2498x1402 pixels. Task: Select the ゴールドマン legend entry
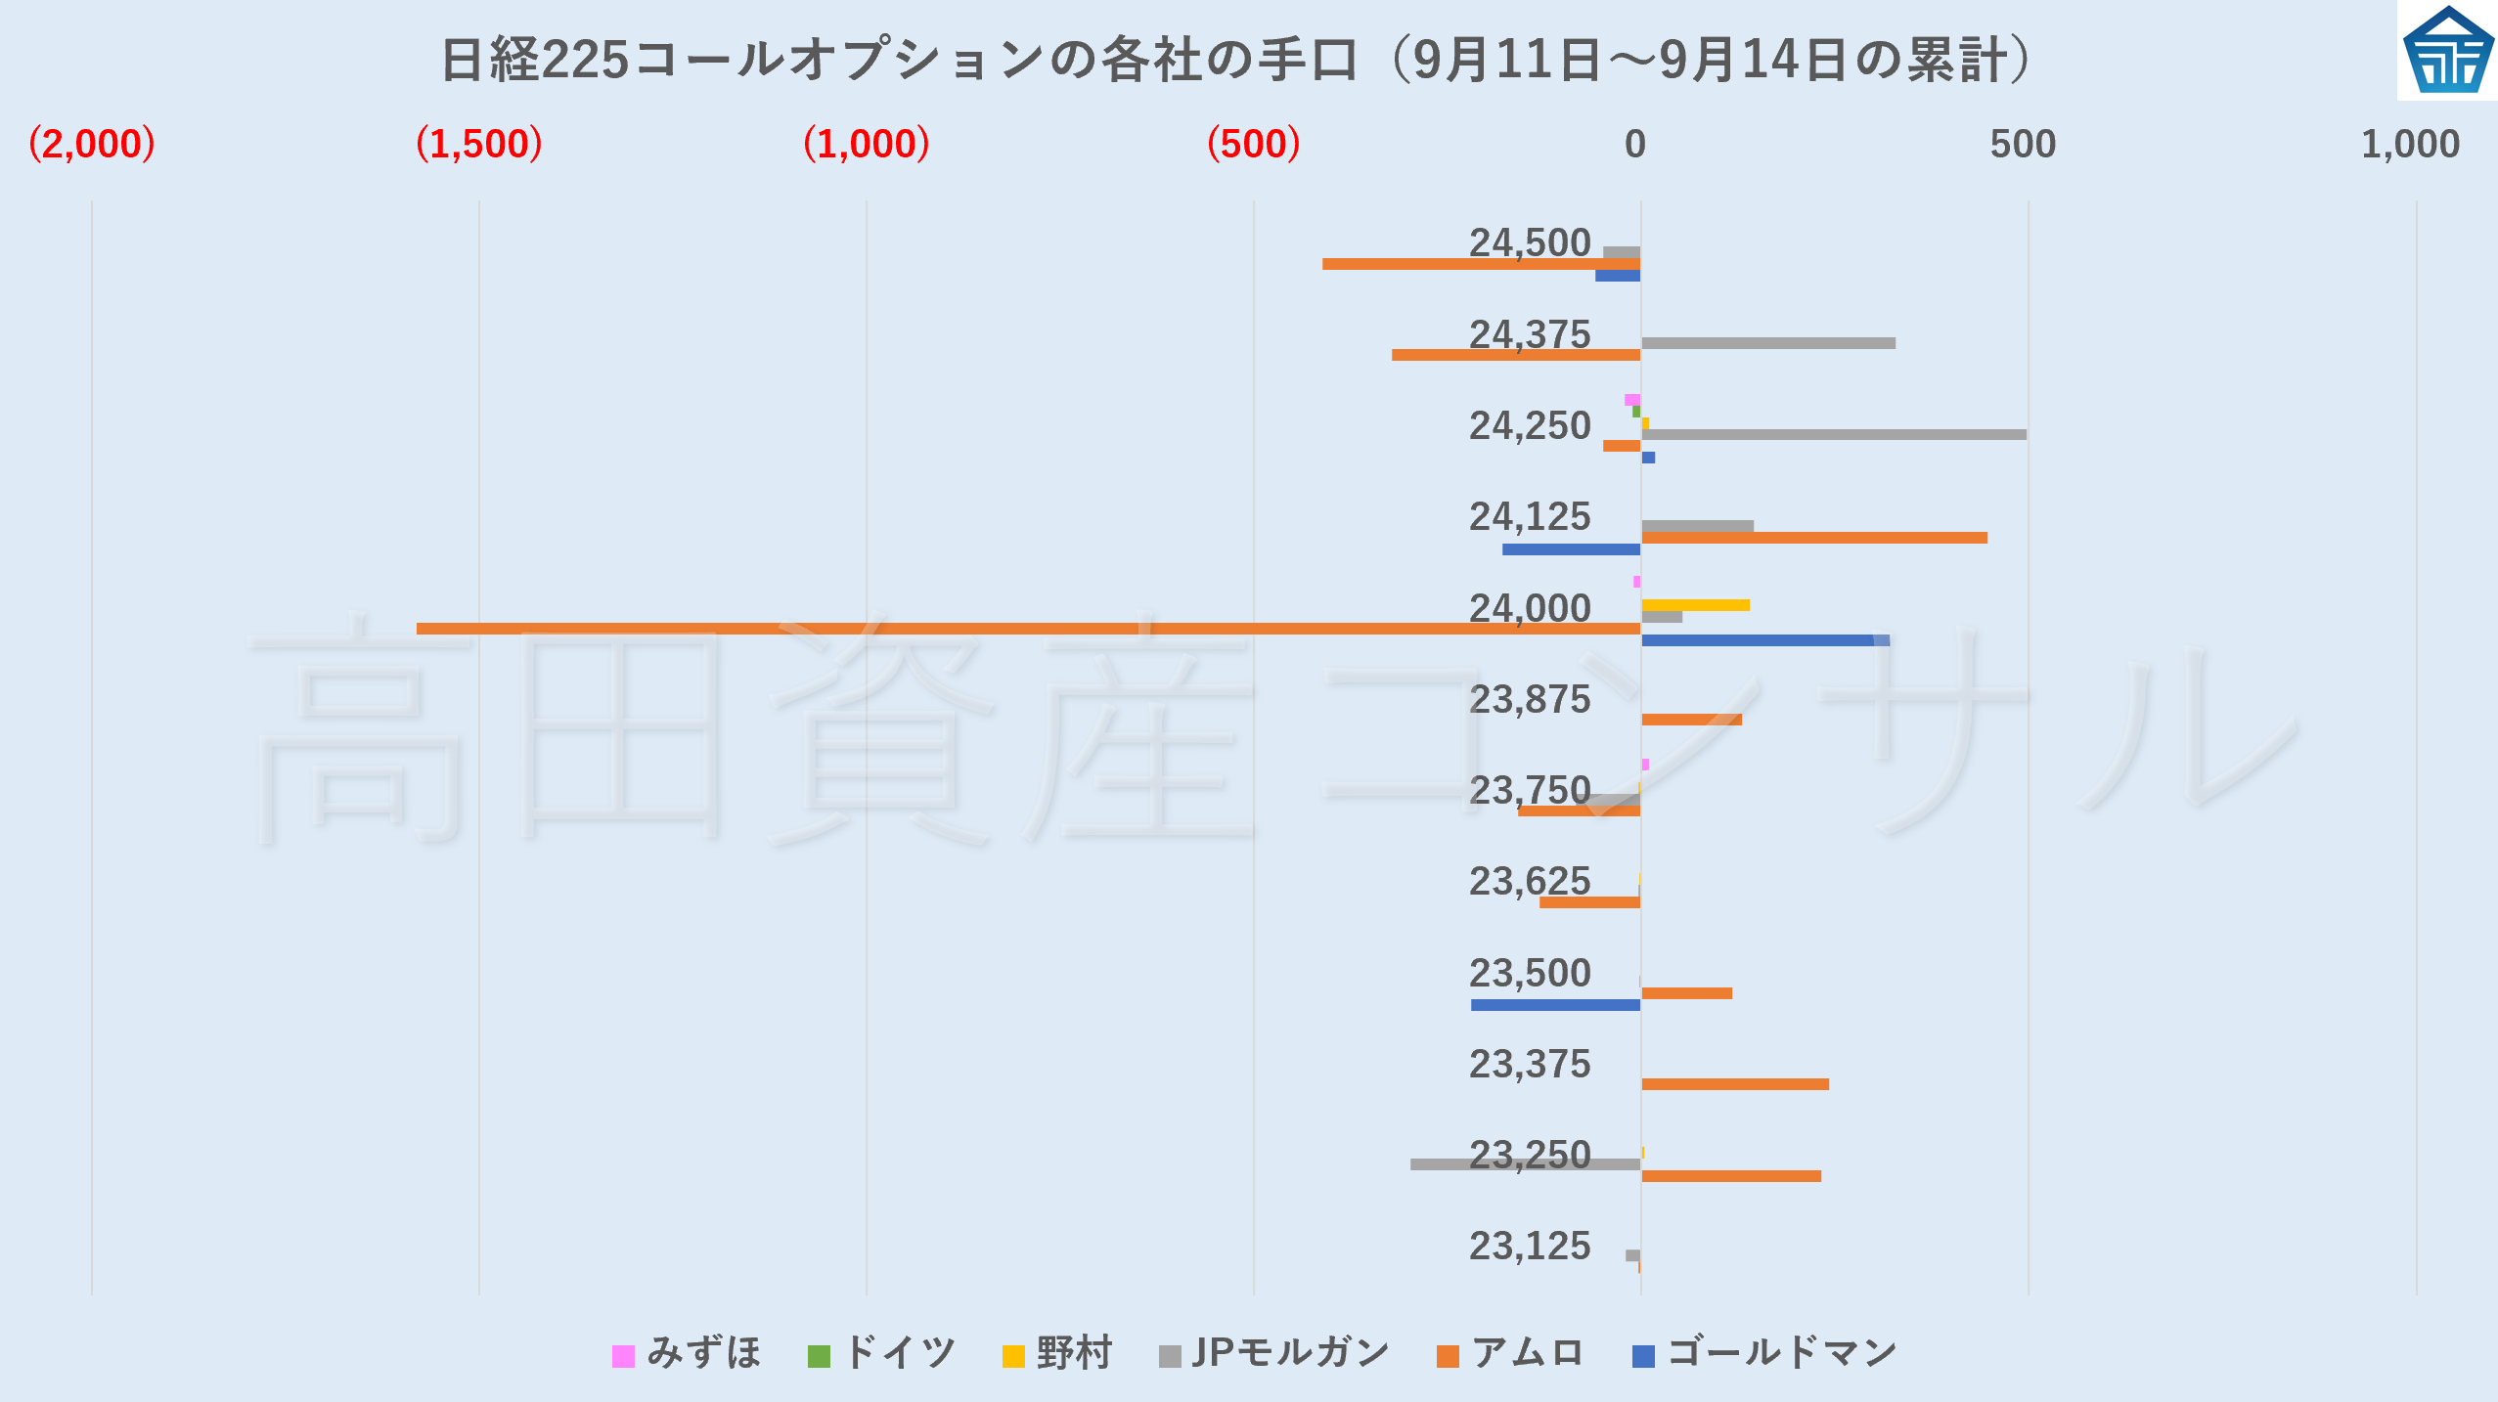(x=1765, y=1354)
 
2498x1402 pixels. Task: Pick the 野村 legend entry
(x=1058, y=1354)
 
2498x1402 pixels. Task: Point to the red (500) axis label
(x=1254, y=144)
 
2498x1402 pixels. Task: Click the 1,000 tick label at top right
(x=2410, y=144)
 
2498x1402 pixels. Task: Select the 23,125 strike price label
(x=1530, y=1247)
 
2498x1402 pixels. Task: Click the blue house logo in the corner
(x=2447, y=51)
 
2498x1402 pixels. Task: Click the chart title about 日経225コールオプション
(x=1238, y=60)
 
